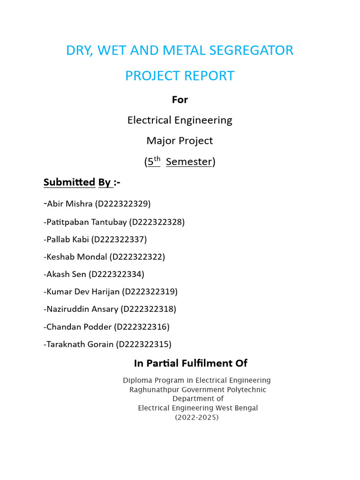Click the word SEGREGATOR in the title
253,50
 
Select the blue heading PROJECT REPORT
180,76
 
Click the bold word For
180,100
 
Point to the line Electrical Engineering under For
180,120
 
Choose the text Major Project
180,141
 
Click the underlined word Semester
189,162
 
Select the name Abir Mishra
70,204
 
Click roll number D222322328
157,222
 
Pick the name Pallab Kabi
67,240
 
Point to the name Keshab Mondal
77,257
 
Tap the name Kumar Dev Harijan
83,292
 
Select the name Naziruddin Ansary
82,309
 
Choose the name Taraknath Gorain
80,345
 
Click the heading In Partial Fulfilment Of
190,363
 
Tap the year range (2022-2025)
197,417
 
